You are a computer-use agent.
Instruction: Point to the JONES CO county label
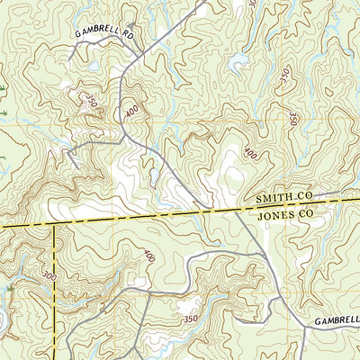click(x=283, y=217)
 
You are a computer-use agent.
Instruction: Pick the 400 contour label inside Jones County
click(x=148, y=256)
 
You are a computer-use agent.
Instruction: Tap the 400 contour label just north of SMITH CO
click(x=249, y=155)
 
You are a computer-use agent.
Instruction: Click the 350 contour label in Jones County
click(x=188, y=319)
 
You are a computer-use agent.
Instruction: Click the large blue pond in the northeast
click(x=239, y=63)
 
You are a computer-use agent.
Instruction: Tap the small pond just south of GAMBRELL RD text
click(x=94, y=65)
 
